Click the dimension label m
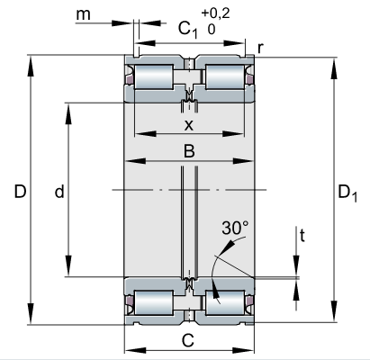tap(83, 15)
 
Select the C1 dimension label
tap(188, 30)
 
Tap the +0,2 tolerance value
tap(216, 13)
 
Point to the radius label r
tap(260, 48)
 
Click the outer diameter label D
tap(20, 192)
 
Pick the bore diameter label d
tap(59, 191)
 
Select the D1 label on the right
tap(347, 193)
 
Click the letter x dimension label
tap(189, 125)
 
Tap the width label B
tap(189, 151)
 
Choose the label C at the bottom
tap(188, 340)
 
